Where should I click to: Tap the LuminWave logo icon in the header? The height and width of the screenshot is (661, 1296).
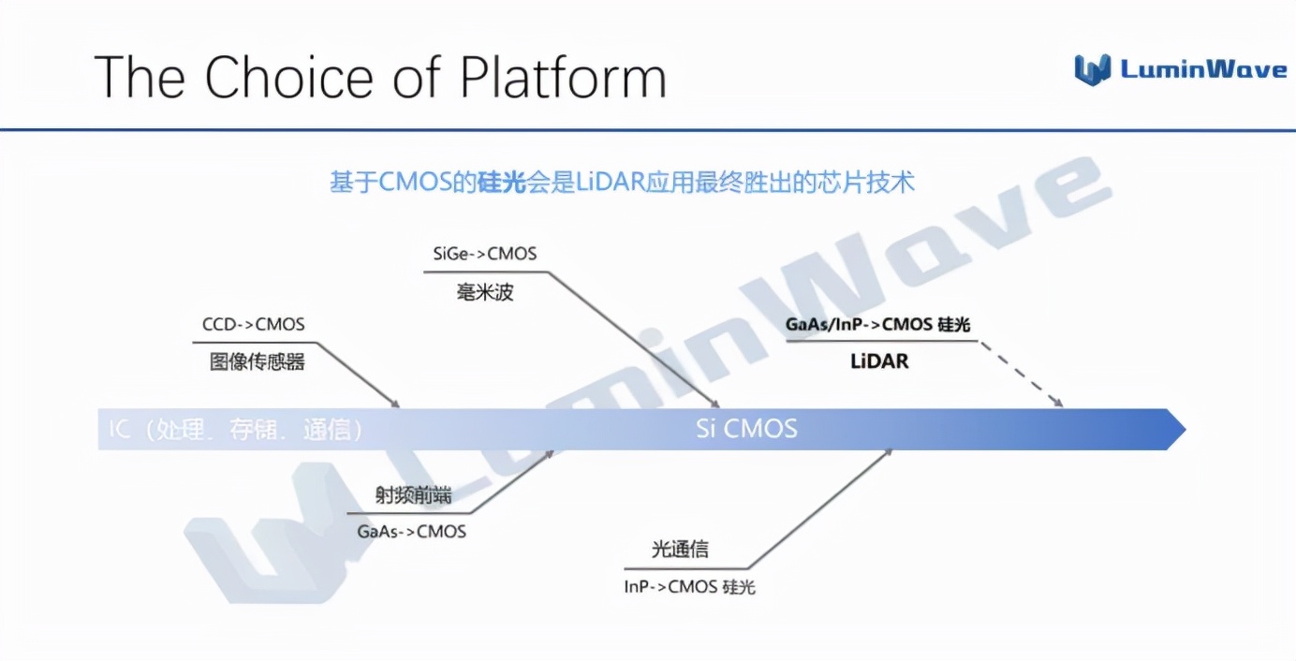(x=1092, y=69)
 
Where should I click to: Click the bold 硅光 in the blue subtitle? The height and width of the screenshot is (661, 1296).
(x=502, y=183)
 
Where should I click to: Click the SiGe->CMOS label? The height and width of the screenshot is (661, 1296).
(x=485, y=254)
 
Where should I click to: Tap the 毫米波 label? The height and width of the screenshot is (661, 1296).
(x=485, y=292)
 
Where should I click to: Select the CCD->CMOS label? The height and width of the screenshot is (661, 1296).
(x=254, y=325)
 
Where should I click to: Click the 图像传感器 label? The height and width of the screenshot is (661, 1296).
(x=257, y=361)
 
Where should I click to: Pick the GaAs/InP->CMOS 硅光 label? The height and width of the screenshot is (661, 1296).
(x=877, y=325)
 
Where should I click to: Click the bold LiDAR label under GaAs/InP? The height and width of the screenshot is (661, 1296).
(x=879, y=360)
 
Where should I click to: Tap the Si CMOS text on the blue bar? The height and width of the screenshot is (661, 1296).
(x=746, y=429)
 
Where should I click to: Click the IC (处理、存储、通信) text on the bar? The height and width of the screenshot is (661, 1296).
(x=235, y=430)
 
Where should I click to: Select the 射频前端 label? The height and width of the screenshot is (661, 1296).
(x=413, y=495)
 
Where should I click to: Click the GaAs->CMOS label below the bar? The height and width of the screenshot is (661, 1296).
(x=411, y=531)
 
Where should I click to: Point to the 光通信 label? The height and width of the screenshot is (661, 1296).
(x=680, y=550)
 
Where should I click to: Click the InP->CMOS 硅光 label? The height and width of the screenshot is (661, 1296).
(x=689, y=587)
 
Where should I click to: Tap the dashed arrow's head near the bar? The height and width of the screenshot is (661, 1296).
(x=1059, y=404)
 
